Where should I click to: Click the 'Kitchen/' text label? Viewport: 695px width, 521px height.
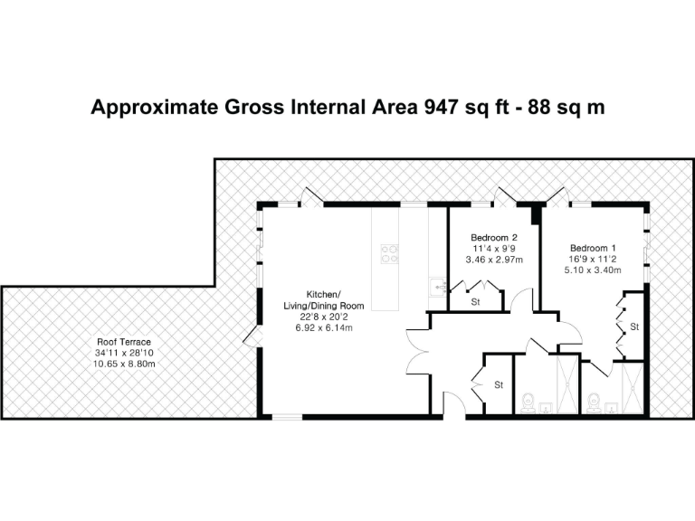pyautogui.click(x=323, y=295)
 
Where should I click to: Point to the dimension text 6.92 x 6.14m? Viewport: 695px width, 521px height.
pyautogui.click(x=323, y=327)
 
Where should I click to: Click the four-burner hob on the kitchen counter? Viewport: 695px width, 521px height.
pyautogui.click(x=391, y=254)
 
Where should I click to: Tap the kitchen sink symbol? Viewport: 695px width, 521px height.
pyautogui.click(x=438, y=287)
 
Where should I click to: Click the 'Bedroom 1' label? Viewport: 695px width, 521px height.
pyautogui.click(x=593, y=247)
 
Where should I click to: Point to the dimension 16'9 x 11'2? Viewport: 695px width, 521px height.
pyautogui.click(x=593, y=258)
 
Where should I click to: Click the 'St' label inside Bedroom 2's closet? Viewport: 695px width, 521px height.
pyautogui.click(x=475, y=301)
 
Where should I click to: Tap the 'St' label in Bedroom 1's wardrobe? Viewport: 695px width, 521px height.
pyautogui.click(x=634, y=326)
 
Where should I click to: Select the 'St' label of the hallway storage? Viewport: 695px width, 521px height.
pyautogui.click(x=498, y=385)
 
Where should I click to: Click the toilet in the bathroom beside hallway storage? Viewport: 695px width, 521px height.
pyautogui.click(x=528, y=400)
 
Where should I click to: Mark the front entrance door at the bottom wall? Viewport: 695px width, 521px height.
pyautogui.click(x=453, y=404)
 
